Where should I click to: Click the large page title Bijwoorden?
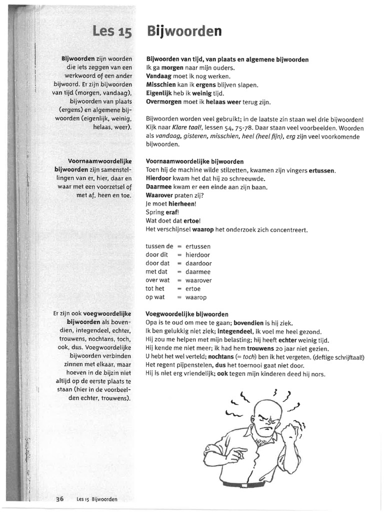183,31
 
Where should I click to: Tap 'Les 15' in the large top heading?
112,32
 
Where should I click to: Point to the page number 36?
60,498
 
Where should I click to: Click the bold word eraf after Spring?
171,212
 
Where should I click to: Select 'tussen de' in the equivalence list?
159,246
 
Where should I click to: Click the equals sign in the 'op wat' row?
179,297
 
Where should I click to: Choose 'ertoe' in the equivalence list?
192,289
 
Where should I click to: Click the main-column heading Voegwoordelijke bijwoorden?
186,314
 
